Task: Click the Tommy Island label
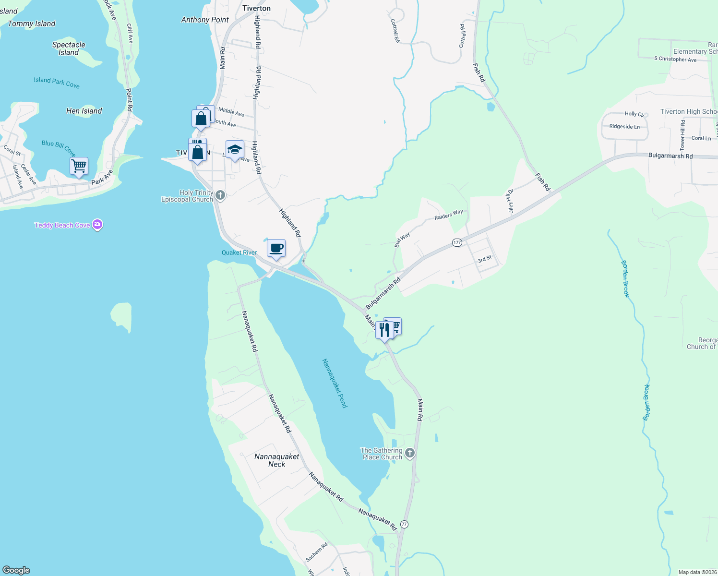[x=32, y=24]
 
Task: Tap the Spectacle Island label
[x=69, y=48]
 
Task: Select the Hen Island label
[x=84, y=111]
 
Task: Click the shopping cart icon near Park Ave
[x=79, y=166]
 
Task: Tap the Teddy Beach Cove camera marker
[x=97, y=225]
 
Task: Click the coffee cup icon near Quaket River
[x=276, y=249]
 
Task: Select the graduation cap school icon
[x=235, y=150]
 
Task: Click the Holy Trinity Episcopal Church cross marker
[x=220, y=195]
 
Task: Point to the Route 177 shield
[x=457, y=243]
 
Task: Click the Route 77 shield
[x=405, y=524]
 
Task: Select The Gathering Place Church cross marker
[x=410, y=453]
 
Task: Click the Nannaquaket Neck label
[x=277, y=460]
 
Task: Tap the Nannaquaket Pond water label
[x=335, y=383]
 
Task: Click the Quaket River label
[x=239, y=252]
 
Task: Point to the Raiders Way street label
[x=449, y=215]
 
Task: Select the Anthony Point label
[x=205, y=20]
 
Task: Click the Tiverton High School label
[x=689, y=111]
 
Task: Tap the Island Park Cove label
[x=57, y=83]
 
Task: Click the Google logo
[x=17, y=570]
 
